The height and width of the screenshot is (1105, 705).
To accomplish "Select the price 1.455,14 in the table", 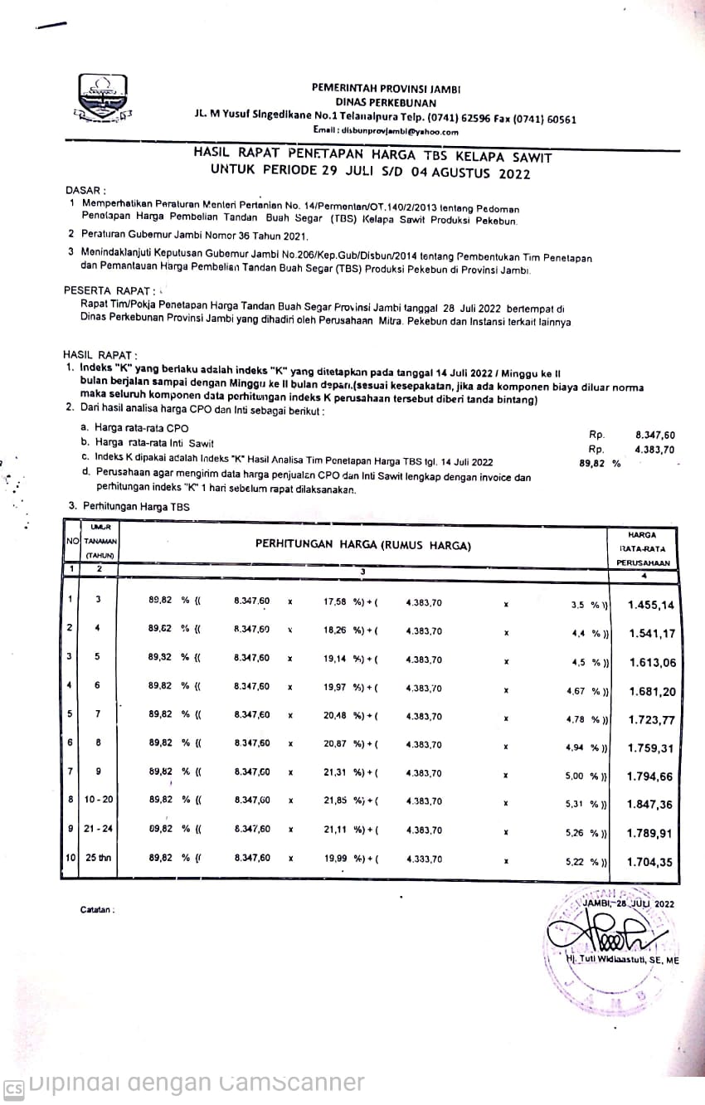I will pyautogui.click(x=651, y=605).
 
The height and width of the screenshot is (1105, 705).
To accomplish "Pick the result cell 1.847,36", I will pyautogui.click(x=651, y=805).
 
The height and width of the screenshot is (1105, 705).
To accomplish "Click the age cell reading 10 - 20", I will pyautogui.click(x=98, y=802).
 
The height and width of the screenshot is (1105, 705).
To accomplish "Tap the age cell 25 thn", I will pyautogui.click(x=98, y=859).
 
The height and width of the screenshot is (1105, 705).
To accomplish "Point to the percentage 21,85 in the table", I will pyautogui.click(x=335, y=802).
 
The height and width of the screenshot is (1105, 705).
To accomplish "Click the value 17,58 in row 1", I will pyautogui.click(x=335, y=601).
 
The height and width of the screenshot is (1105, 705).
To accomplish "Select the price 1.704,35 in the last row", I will pyautogui.click(x=651, y=862).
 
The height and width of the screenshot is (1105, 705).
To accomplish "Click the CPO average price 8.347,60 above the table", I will pyautogui.click(x=655, y=434).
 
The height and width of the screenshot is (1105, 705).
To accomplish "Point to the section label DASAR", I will pyautogui.click(x=85, y=190).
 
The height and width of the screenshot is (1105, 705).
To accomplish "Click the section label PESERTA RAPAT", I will pyautogui.click(x=107, y=290).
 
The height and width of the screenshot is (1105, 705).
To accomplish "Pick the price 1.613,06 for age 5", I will pyautogui.click(x=651, y=662).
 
